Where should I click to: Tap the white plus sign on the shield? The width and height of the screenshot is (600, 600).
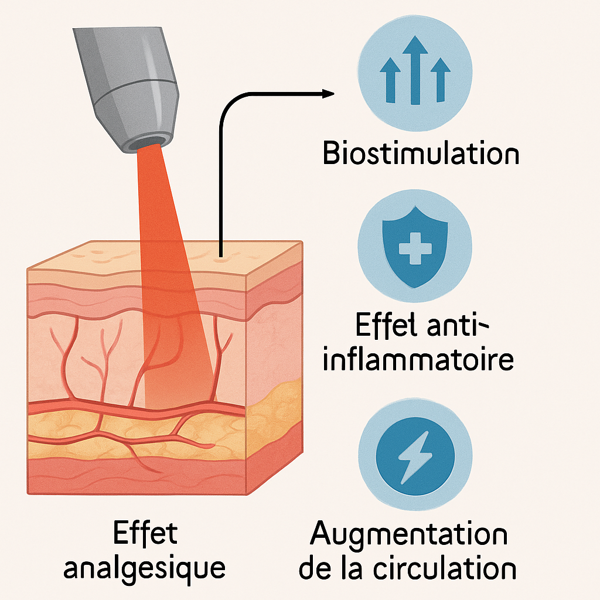click(414, 248)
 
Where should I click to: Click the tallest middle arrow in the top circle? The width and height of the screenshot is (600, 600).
click(414, 68)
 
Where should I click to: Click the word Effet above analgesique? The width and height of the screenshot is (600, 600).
click(144, 534)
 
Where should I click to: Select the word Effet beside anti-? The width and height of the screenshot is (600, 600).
click(381, 326)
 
